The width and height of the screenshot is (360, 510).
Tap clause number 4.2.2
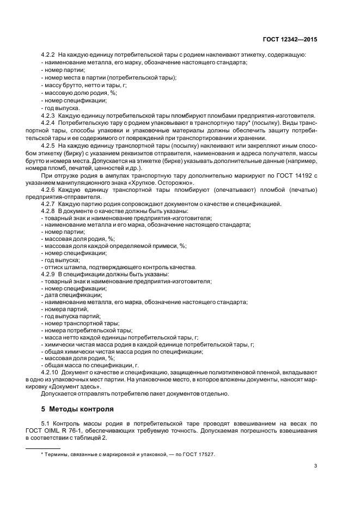click(x=48, y=55)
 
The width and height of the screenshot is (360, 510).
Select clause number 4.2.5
click(x=48, y=146)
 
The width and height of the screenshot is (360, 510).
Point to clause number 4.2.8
click(x=48, y=210)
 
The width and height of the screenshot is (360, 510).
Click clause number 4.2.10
click(x=50, y=372)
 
